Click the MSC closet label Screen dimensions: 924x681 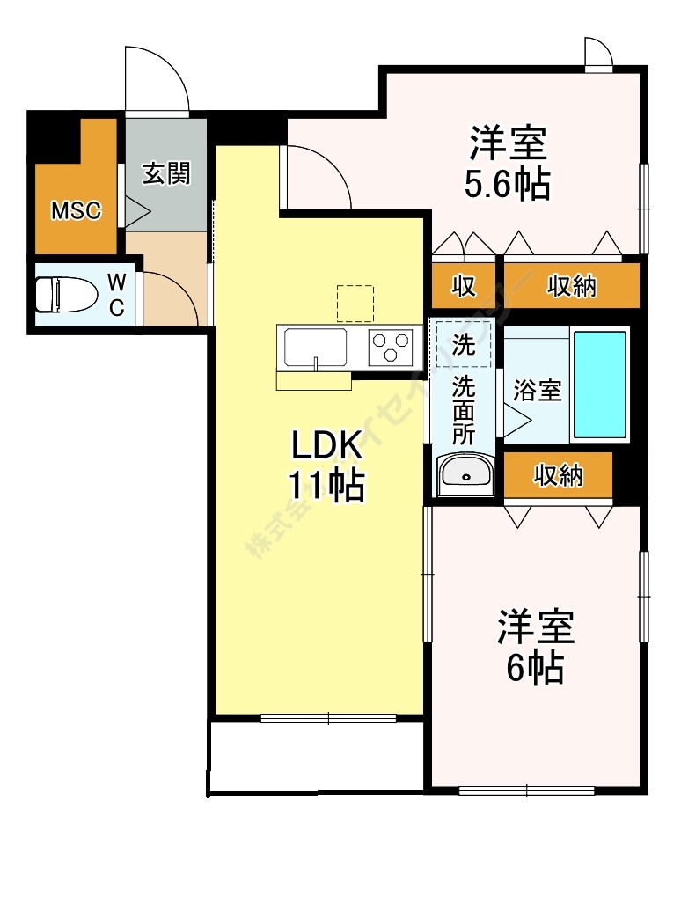click(76, 211)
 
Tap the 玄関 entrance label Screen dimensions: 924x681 click(165, 174)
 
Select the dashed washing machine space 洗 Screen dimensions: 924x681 click(462, 343)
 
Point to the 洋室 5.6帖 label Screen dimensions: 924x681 click(509, 163)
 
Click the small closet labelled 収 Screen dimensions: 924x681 click(465, 285)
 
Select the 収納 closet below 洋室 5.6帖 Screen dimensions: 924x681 click(571, 285)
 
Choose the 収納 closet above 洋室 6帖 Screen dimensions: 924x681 click(559, 475)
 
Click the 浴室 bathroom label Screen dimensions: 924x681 click(537, 392)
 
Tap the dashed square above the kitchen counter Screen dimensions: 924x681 click(355, 303)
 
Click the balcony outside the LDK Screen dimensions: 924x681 click(315, 758)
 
